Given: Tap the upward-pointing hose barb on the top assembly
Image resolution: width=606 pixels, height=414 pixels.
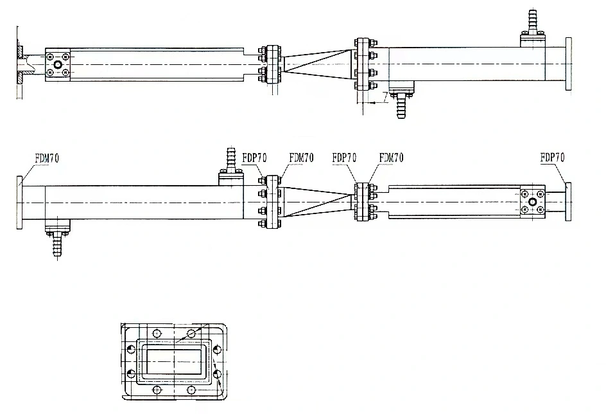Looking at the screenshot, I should [532, 22].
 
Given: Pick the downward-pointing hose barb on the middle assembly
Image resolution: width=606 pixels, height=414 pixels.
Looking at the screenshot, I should [57, 244].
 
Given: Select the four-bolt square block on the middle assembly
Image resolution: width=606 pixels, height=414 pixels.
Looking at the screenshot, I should [532, 201].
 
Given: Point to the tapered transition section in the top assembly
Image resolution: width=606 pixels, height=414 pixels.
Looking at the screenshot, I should [318, 64].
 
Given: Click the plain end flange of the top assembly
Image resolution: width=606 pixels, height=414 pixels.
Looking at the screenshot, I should [567, 64].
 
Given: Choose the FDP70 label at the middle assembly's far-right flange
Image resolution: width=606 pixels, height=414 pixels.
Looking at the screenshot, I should [552, 157].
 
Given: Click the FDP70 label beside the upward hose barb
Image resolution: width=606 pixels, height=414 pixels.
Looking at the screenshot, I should [255, 157].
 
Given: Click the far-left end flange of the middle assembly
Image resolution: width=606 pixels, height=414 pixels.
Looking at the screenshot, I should [20, 202].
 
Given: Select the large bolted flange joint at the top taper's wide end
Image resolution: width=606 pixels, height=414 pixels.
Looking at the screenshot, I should [365, 64].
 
